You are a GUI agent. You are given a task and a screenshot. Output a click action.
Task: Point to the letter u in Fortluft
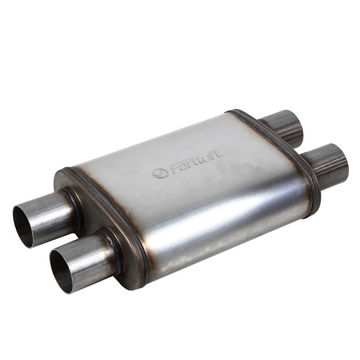pyautogui.click(x=207, y=158)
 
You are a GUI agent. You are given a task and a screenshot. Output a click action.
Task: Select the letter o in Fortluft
pyautogui.click(x=184, y=167)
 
